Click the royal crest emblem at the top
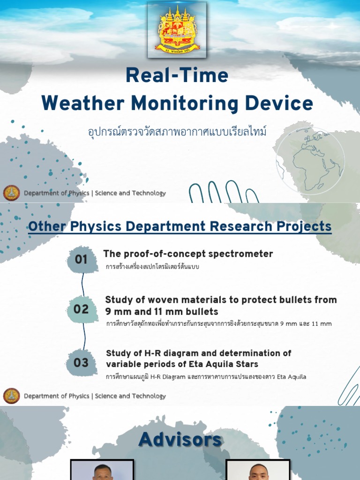(177, 30)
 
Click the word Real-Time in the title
(177, 76)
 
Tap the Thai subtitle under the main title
(177, 131)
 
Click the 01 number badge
(81, 259)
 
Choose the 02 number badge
(81, 309)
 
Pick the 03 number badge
(81, 362)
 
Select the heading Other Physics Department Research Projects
(180, 227)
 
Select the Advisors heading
(180, 440)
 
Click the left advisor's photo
(102, 470)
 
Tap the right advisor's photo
(258, 470)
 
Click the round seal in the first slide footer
(12, 193)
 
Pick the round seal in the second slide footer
(12, 396)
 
